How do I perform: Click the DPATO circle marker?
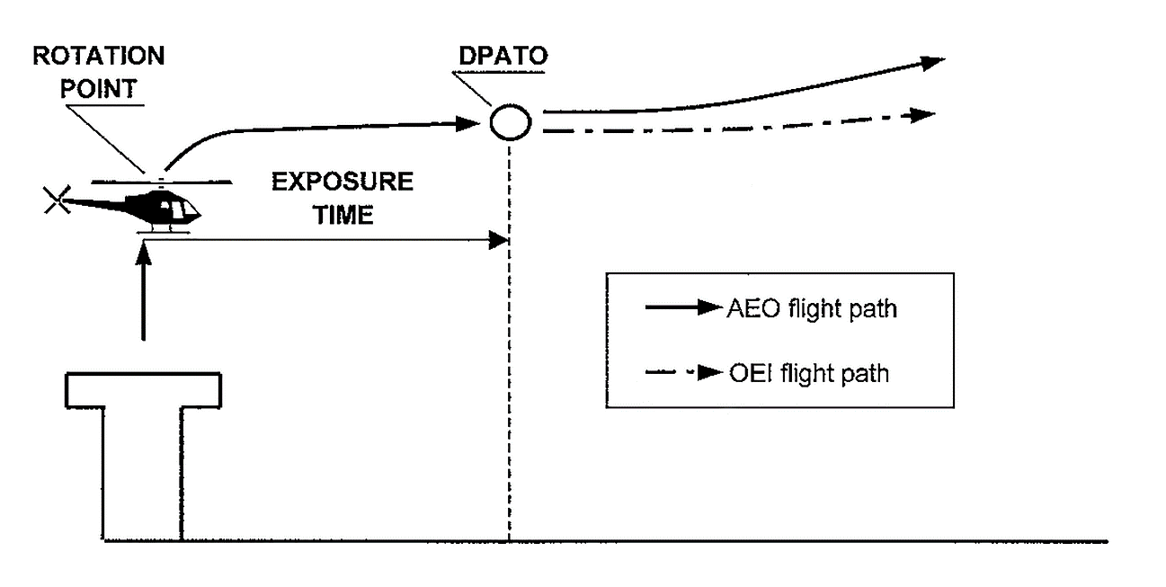click(509, 121)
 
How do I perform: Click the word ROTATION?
click(99, 57)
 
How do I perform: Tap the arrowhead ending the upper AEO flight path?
click(932, 61)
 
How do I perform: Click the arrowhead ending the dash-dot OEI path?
click(923, 116)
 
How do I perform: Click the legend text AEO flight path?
click(811, 310)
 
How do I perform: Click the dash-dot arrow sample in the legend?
click(683, 370)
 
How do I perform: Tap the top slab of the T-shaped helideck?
click(144, 389)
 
